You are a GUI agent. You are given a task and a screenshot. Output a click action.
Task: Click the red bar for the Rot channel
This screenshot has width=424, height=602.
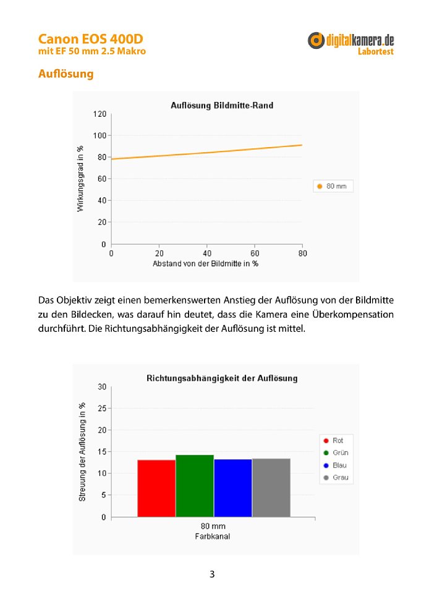pyautogui.click(x=156, y=488)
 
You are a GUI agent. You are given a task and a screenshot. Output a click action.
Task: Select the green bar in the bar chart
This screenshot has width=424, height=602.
pyautogui.click(x=195, y=486)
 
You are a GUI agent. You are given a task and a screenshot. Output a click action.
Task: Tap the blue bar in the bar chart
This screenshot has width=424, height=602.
pyautogui.click(x=233, y=488)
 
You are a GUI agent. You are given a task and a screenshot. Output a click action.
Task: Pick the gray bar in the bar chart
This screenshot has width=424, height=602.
pyautogui.click(x=271, y=488)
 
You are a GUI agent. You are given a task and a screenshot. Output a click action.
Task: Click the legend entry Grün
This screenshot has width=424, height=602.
pyautogui.click(x=336, y=452)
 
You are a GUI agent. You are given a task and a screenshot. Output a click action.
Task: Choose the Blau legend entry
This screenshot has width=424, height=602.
pyautogui.click(x=335, y=465)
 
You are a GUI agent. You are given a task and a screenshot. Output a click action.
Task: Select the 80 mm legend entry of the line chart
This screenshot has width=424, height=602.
pyautogui.click(x=332, y=186)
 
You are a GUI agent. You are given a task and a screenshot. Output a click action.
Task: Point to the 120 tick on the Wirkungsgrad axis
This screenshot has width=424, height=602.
pyautogui.click(x=100, y=114)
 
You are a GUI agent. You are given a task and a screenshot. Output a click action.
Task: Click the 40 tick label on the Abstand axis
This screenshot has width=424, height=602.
pyautogui.click(x=207, y=253)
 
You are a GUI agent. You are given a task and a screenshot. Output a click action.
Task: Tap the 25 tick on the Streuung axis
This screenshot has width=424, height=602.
pyautogui.click(x=102, y=409)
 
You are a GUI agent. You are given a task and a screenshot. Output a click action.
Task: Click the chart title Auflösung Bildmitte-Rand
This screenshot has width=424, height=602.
pyautogui.click(x=222, y=106)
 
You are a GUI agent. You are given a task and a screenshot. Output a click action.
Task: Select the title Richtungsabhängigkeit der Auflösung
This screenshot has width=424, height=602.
pyautogui.click(x=222, y=378)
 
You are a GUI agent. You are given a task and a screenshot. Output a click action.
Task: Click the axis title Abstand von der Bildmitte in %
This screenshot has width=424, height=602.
pyautogui.click(x=205, y=264)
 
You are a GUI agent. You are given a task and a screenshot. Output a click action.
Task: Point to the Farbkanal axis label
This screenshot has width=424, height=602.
pyautogui.click(x=213, y=536)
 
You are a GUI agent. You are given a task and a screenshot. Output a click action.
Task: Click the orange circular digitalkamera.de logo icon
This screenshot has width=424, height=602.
pyautogui.click(x=316, y=41)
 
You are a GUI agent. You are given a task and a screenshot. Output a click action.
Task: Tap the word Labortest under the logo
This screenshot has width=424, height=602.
pyautogui.click(x=376, y=51)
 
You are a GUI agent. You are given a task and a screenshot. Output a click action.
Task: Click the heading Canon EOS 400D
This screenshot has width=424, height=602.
pyautogui.click(x=91, y=39)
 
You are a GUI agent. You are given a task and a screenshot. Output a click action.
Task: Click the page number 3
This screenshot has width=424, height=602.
pyautogui.click(x=212, y=574)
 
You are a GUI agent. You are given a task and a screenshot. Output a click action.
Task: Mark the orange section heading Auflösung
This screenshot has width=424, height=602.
pyautogui.click(x=66, y=74)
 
